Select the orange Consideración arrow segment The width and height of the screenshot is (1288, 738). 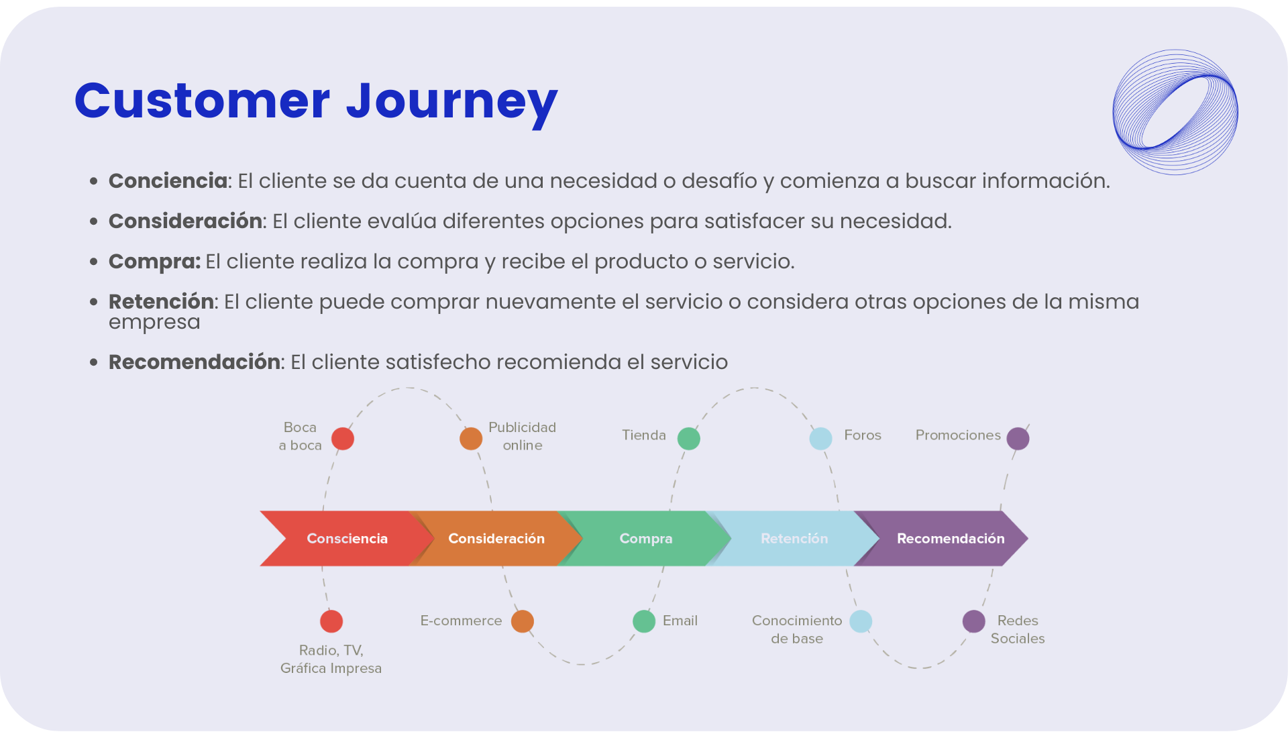click(x=496, y=538)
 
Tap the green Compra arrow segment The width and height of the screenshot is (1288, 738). click(x=645, y=538)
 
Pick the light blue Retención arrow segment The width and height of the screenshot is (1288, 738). click(x=794, y=538)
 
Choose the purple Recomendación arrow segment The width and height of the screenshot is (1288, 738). click(x=950, y=538)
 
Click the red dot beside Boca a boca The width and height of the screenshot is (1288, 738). click(x=343, y=439)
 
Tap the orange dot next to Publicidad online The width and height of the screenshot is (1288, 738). click(x=471, y=439)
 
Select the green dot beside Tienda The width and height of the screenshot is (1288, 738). click(x=689, y=439)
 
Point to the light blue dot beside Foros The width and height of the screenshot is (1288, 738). click(x=820, y=439)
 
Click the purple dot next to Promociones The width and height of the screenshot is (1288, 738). click(x=1018, y=439)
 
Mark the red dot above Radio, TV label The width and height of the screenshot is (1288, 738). click(x=331, y=621)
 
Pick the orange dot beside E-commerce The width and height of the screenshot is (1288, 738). click(x=523, y=621)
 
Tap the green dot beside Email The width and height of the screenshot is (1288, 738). click(x=644, y=621)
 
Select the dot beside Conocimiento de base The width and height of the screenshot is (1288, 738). click(x=861, y=621)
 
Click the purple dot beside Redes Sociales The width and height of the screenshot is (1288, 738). click(x=974, y=621)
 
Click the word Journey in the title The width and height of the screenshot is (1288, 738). click(x=451, y=102)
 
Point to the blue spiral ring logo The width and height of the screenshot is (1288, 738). click(x=1175, y=112)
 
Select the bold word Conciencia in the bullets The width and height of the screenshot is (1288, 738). click(x=168, y=181)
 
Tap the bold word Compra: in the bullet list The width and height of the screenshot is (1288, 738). click(x=154, y=262)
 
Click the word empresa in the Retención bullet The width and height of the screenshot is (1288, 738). click(x=154, y=323)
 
